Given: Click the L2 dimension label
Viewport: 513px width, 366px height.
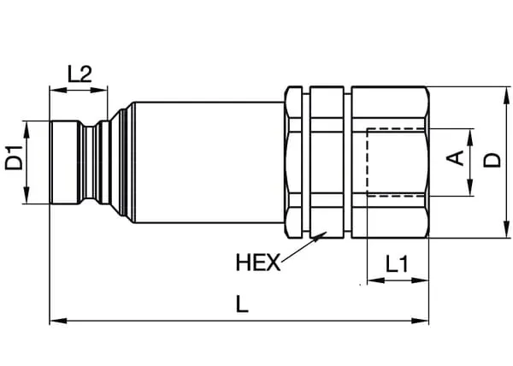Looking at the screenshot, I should coord(80,74).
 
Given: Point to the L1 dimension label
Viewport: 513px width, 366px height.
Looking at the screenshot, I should coord(396,265).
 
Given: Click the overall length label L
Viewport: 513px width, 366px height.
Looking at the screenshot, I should coord(242,305).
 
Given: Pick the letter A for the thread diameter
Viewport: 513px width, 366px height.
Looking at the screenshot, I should coord(457,157).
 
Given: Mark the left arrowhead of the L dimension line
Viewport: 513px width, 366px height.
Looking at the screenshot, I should coord(54,321).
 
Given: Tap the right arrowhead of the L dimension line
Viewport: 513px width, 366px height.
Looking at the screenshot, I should coord(424,321).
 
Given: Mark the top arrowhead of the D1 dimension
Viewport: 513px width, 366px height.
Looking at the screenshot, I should coord(27,125).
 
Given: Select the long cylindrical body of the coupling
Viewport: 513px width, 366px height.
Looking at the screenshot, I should coord(205,162).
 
